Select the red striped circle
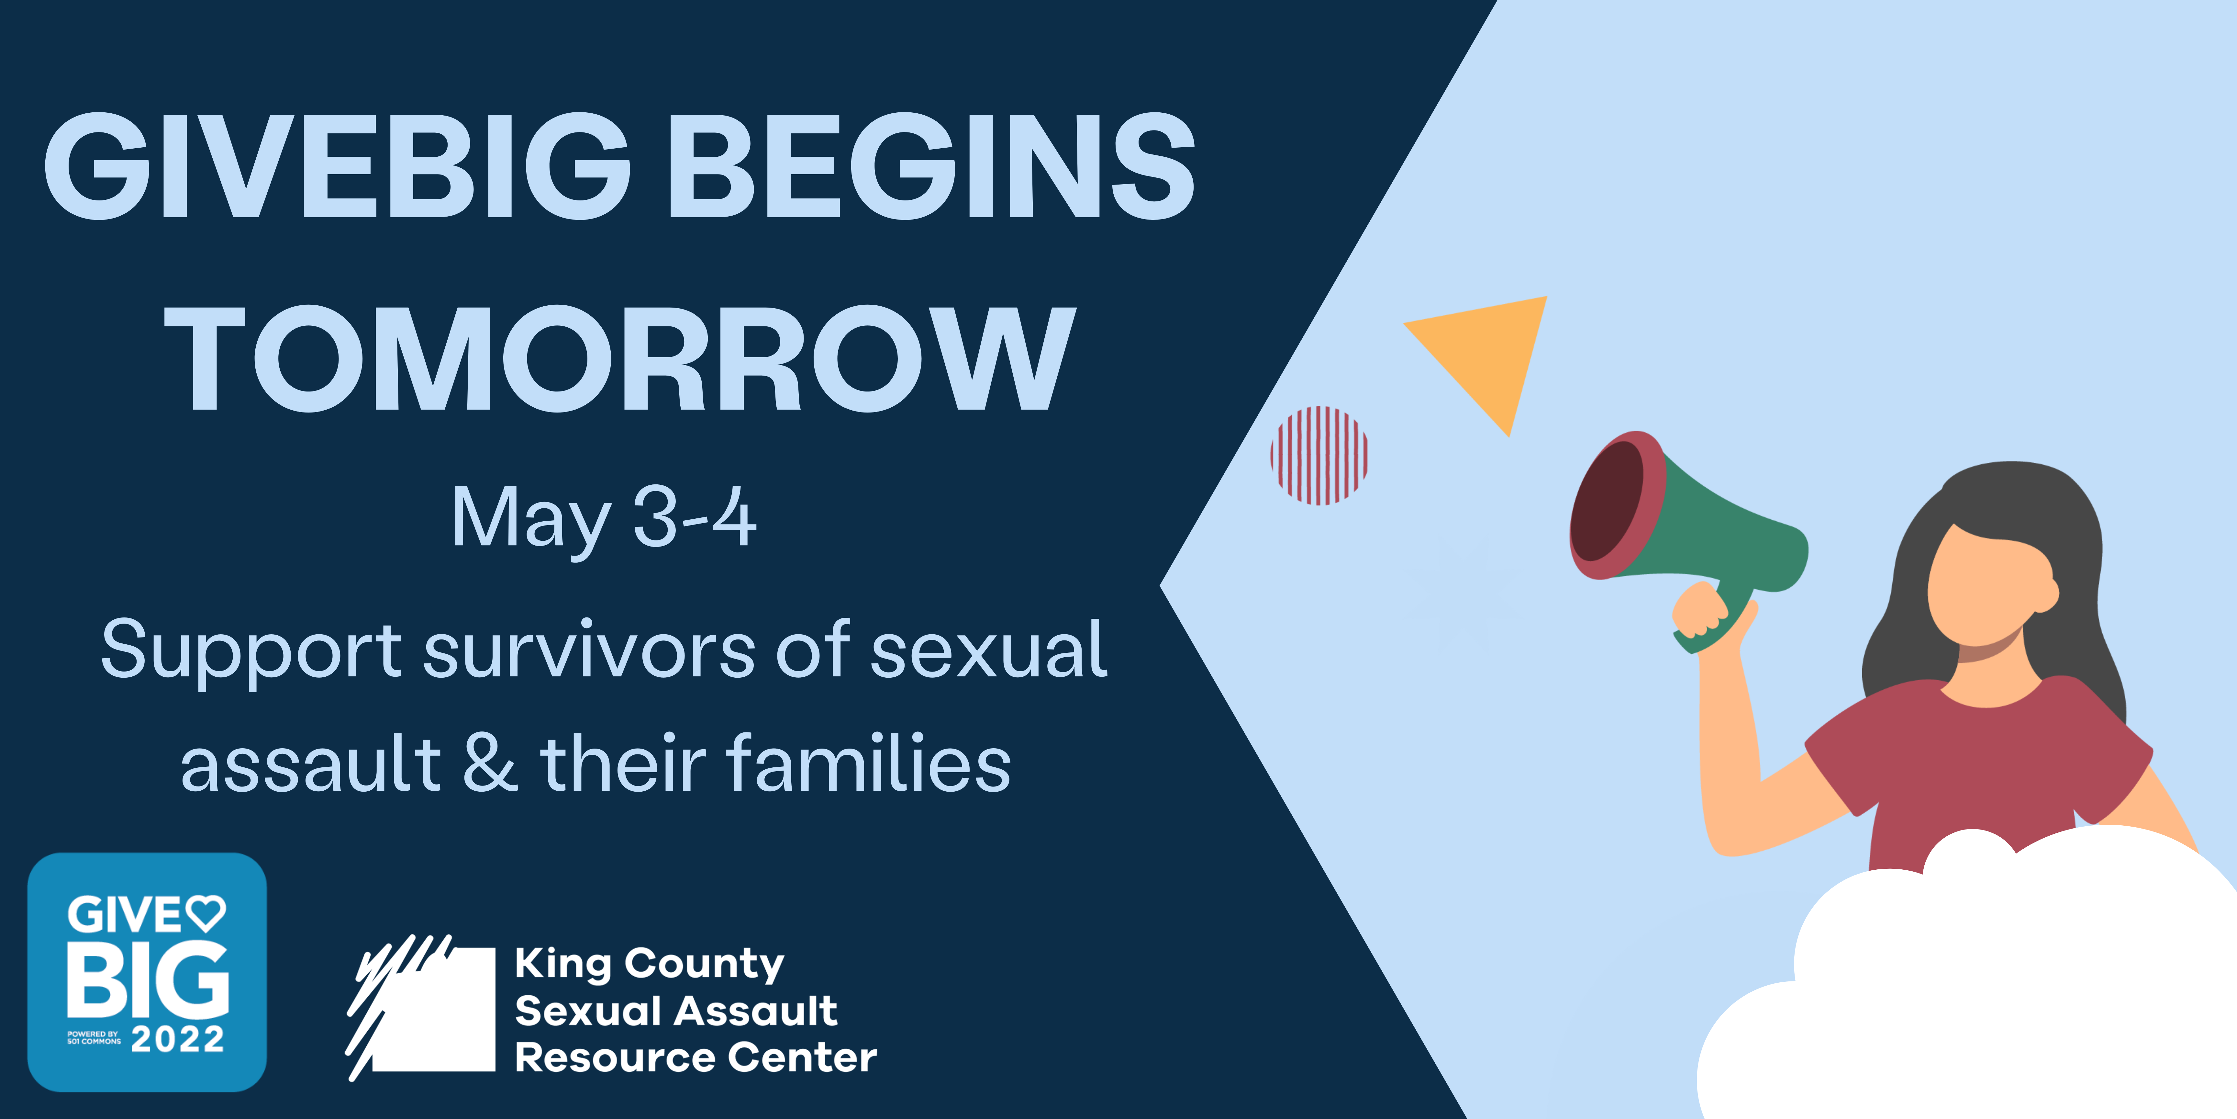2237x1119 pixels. pos(1319,455)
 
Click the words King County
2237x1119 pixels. pos(650,964)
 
